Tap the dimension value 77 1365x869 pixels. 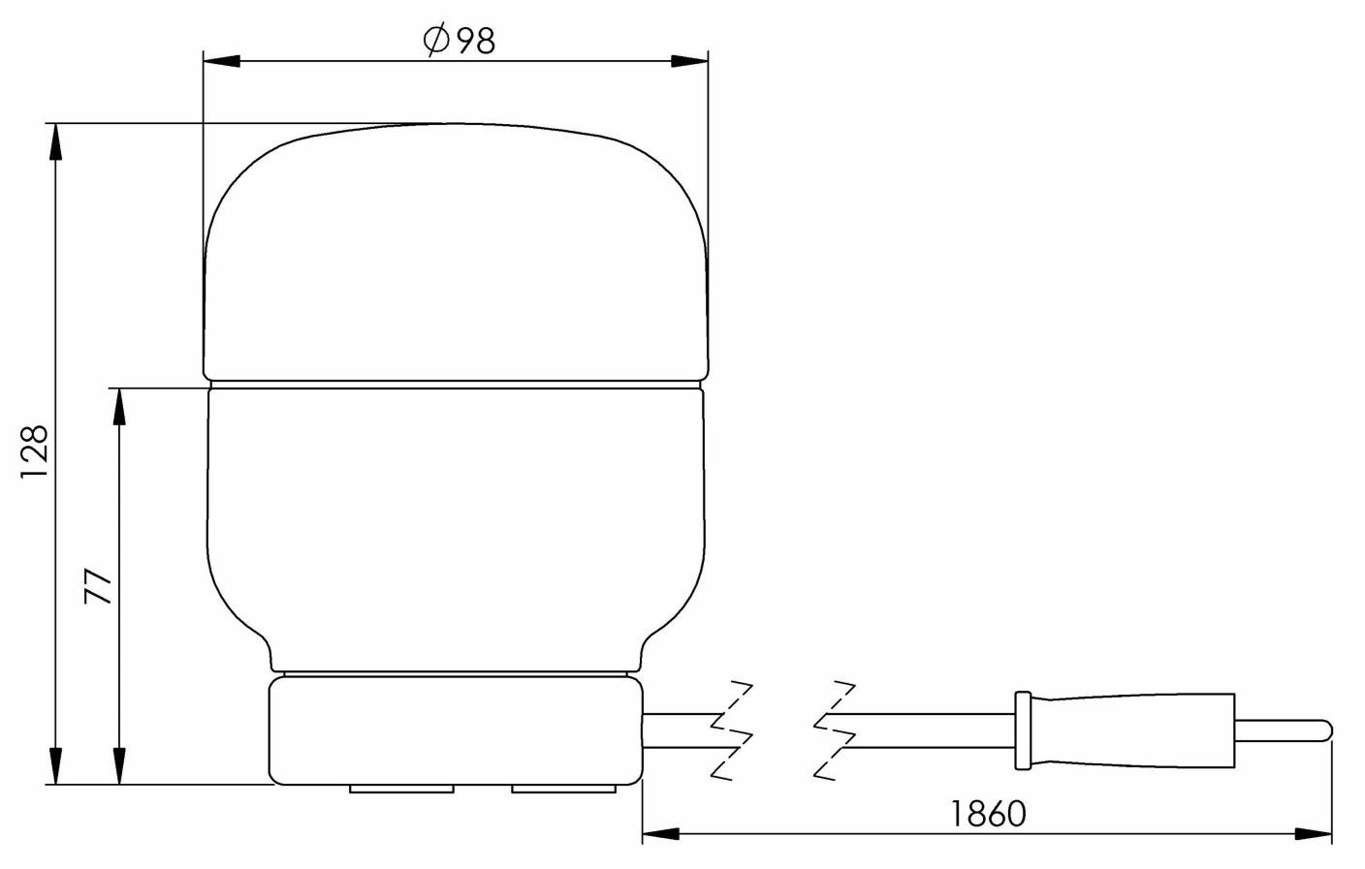click(99, 588)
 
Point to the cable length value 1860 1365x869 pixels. click(987, 814)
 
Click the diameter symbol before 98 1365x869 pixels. click(435, 41)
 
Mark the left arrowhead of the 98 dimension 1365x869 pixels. click(221, 61)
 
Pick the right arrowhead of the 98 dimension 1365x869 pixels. click(690, 61)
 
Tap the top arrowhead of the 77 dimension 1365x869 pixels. click(119, 407)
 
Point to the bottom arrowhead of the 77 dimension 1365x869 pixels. click(119, 765)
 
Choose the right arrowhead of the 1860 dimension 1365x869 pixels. click(1314, 833)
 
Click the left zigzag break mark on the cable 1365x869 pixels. click(732, 729)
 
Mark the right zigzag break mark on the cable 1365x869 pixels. click(836, 729)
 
